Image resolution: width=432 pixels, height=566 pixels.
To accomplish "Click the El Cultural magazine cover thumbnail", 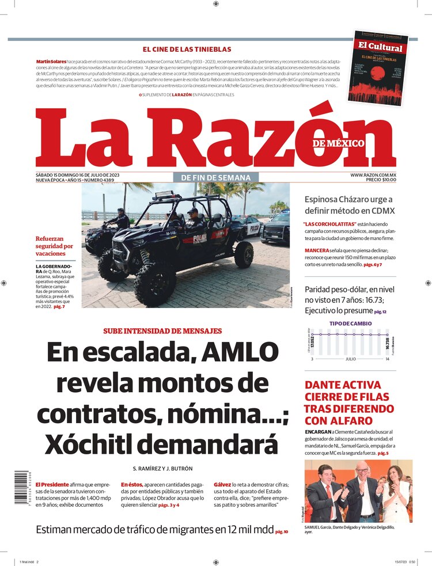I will (x=377, y=68).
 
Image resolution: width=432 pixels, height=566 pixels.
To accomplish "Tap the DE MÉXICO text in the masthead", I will (x=339, y=143).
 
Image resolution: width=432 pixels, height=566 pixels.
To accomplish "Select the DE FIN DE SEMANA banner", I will (x=216, y=177).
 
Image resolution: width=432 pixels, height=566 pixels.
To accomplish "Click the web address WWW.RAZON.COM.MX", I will (x=373, y=174).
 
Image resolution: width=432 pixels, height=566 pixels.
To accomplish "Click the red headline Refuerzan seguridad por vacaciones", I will (x=54, y=246).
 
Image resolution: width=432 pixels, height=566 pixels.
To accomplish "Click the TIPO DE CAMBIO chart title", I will (x=351, y=324).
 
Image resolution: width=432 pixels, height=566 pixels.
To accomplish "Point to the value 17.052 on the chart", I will (x=313, y=345).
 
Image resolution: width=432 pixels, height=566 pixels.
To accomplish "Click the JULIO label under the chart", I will (x=350, y=359).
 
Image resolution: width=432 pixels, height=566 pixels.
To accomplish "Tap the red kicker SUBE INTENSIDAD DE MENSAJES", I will (x=162, y=331).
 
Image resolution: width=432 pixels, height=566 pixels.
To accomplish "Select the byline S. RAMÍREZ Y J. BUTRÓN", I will (x=163, y=468).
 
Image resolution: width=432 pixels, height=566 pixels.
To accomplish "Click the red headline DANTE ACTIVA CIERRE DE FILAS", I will (x=350, y=402).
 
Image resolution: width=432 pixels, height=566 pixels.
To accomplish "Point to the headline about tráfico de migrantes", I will (x=154, y=530).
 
